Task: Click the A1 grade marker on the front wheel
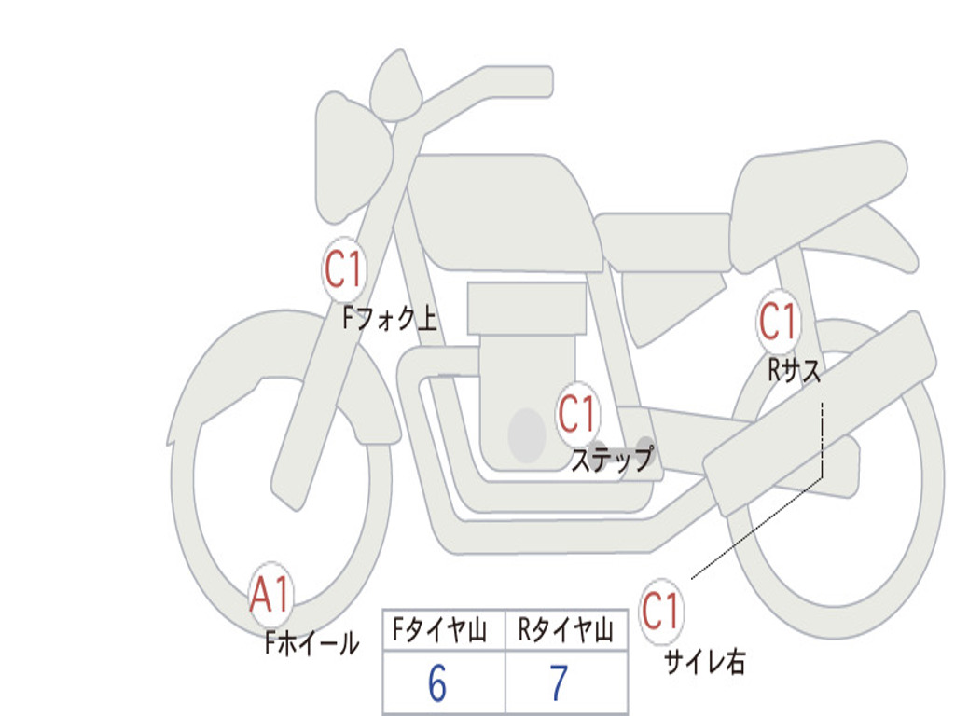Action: click(x=271, y=594)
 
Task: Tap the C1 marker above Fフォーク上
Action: click(x=344, y=269)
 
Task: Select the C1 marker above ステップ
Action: click(x=577, y=414)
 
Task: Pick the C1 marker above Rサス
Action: click(x=779, y=321)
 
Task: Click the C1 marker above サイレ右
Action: click(x=661, y=611)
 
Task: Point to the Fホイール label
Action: click(x=311, y=643)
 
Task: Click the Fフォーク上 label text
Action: click(x=390, y=318)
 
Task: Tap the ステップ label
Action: click(x=612, y=459)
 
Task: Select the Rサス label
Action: click(x=794, y=369)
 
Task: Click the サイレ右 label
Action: click(x=705, y=662)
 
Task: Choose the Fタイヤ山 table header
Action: click(x=439, y=629)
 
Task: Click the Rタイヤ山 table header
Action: click(x=566, y=629)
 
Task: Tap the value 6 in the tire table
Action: click(x=437, y=683)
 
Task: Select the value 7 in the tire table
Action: click(x=560, y=683)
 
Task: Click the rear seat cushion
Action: click(x=816, y=201)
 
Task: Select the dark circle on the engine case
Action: click(x=527, y=435)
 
